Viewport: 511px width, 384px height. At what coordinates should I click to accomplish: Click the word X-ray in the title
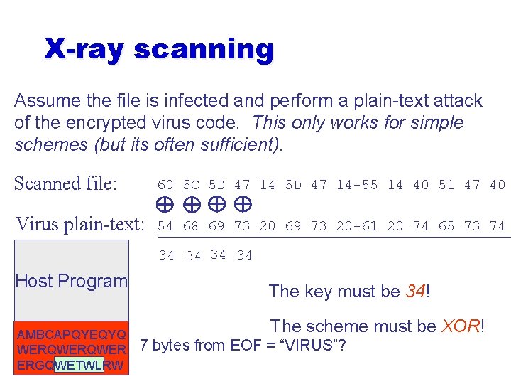click(x=84, y=50)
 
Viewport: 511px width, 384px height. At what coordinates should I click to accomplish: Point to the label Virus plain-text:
click(x=79, y=225)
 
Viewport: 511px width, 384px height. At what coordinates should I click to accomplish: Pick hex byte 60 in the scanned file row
click(x=165, y=185)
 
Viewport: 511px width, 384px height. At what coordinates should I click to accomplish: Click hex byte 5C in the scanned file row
click(x=190, y=185)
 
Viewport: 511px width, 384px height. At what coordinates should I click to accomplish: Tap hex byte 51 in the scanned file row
click(x=446, y=185)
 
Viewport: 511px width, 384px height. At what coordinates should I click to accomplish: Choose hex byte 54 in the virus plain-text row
click(x=165, y=226)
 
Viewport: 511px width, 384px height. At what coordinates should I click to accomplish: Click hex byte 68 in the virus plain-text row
click(x=190, y=226)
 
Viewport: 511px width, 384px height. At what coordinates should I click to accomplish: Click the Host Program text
click(x=72, y=281)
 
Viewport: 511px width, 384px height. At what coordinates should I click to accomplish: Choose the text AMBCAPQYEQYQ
click(x=72, y=335)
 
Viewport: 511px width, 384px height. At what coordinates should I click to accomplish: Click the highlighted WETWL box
click(x=79, y=366)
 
